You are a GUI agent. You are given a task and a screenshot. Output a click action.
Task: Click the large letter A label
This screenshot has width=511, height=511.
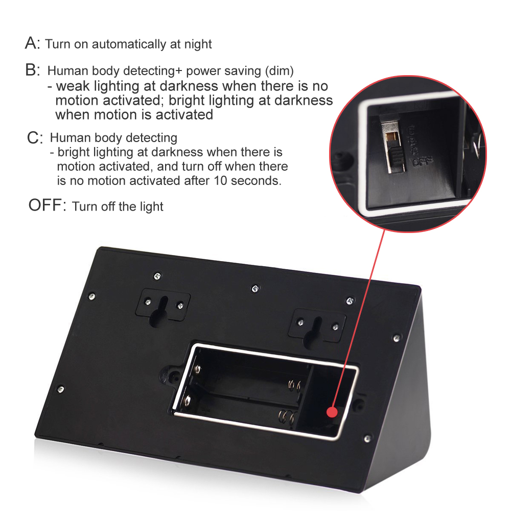point(31,43)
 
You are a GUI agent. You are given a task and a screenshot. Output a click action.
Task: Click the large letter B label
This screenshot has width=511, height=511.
point(31,69)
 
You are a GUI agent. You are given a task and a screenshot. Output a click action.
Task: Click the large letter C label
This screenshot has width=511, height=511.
point(33,137)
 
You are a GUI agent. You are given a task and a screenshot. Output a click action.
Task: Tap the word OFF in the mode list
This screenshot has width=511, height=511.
point(45,205)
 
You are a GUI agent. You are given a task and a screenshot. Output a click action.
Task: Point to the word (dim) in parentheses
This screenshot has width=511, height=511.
point(280,71)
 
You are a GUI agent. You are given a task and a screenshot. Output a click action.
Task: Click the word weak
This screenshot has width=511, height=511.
point(73,86)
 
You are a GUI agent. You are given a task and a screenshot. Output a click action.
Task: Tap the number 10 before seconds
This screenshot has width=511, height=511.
point(220,180)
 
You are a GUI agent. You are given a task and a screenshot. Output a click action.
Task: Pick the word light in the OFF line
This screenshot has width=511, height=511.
point(152,206)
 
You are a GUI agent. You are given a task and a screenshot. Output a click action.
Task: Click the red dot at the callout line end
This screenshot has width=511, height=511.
point(332,411)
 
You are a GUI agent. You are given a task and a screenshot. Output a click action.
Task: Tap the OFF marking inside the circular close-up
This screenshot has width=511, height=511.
point(423,160)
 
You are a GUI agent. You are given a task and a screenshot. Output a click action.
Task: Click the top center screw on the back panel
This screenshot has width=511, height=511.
point(255,288)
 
